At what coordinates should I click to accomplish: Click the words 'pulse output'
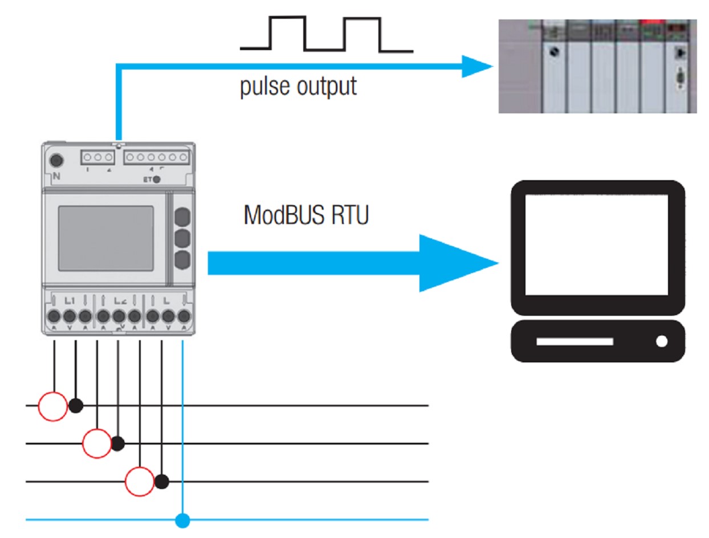298,86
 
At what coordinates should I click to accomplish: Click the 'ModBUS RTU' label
306,215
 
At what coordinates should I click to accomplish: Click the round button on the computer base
661,341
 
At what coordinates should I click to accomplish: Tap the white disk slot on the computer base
574,341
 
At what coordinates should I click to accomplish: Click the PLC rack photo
597,66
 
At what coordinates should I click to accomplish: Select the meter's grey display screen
106,238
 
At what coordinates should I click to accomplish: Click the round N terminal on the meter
56,160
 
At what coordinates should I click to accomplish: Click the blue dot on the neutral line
182,520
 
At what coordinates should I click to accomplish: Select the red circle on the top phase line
52,406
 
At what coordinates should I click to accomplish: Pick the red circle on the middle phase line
97,443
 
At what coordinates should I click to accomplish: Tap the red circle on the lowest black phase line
140,482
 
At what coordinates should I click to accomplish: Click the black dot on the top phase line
76,406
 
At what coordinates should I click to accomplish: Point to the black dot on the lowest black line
162,482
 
